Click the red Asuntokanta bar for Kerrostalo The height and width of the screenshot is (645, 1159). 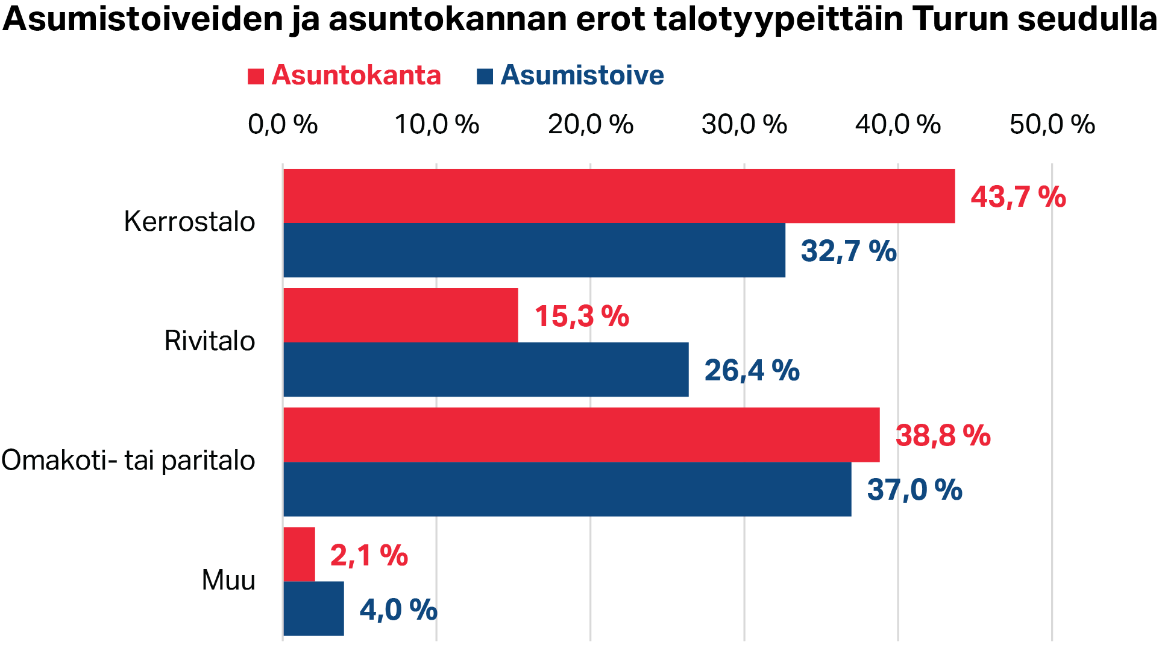pos(619,196)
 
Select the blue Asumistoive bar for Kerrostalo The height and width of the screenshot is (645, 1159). pos(534,250)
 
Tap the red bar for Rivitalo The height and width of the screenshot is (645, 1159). pos(400,315)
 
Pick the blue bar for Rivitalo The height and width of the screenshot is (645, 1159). pos(486,370)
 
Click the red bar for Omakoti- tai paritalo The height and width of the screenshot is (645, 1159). pos(581,435)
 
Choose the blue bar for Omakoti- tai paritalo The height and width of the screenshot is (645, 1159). pos(567,489)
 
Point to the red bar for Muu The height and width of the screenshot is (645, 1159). pos(299,554)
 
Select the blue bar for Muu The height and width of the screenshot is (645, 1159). pos(313,608)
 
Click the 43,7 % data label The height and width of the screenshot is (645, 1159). pos(1018,197)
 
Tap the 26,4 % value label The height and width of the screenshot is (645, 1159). pos(752,370)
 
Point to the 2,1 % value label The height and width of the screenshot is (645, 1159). pos(369,555)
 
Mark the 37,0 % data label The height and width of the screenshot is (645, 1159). pos(914,489)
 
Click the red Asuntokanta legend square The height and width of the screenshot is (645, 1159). pos(256,77)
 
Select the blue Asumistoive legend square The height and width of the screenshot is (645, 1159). pos(485,77)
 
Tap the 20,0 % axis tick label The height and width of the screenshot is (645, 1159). pos(590,125)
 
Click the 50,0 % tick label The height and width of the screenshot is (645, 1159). pos(1052,125)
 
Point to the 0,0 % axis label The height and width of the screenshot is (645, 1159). pos(283,125)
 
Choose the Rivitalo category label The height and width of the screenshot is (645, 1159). pos(210,341)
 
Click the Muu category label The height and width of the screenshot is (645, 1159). pos(228,580)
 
